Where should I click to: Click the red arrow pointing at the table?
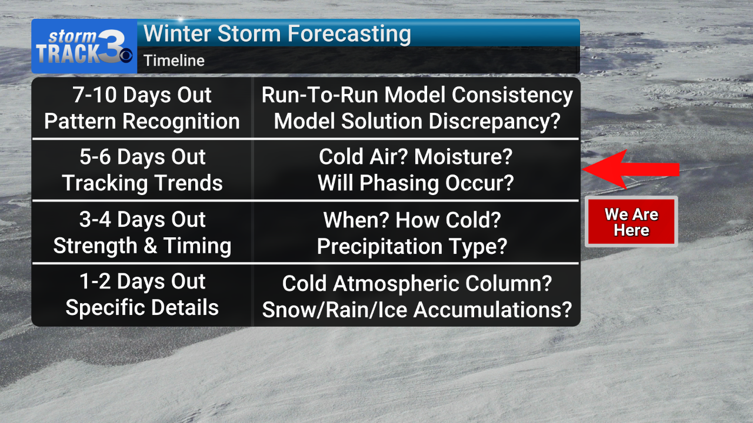[x=631, y=170]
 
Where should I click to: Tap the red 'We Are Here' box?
[x=631, y=221]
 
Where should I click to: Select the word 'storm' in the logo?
[x=72, y=36]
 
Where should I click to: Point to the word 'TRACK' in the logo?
[x=68, y=53]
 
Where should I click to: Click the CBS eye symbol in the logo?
[x=126, y=55]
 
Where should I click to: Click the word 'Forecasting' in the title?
[x=349, y=34]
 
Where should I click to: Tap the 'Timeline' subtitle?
[x=174, y=61]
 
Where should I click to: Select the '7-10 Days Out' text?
[x=142, y=95]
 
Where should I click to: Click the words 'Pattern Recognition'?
[x=142, y=121]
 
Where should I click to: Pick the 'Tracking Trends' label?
[x=142, y=183]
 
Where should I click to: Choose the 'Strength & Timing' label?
[x=142, y=246]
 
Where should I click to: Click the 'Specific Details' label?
[x=142, y=308]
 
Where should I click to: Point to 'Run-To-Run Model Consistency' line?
[x=417, y=95]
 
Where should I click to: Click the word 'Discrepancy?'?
[x=495, y=121]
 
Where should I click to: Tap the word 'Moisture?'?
[x=463, y=157]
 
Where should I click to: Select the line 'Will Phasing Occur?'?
[x=416, y=183]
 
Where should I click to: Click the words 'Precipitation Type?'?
[x=412, y=247]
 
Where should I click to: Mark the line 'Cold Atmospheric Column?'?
[x=417, y=284]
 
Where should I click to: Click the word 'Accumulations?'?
[x=492, y=310]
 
